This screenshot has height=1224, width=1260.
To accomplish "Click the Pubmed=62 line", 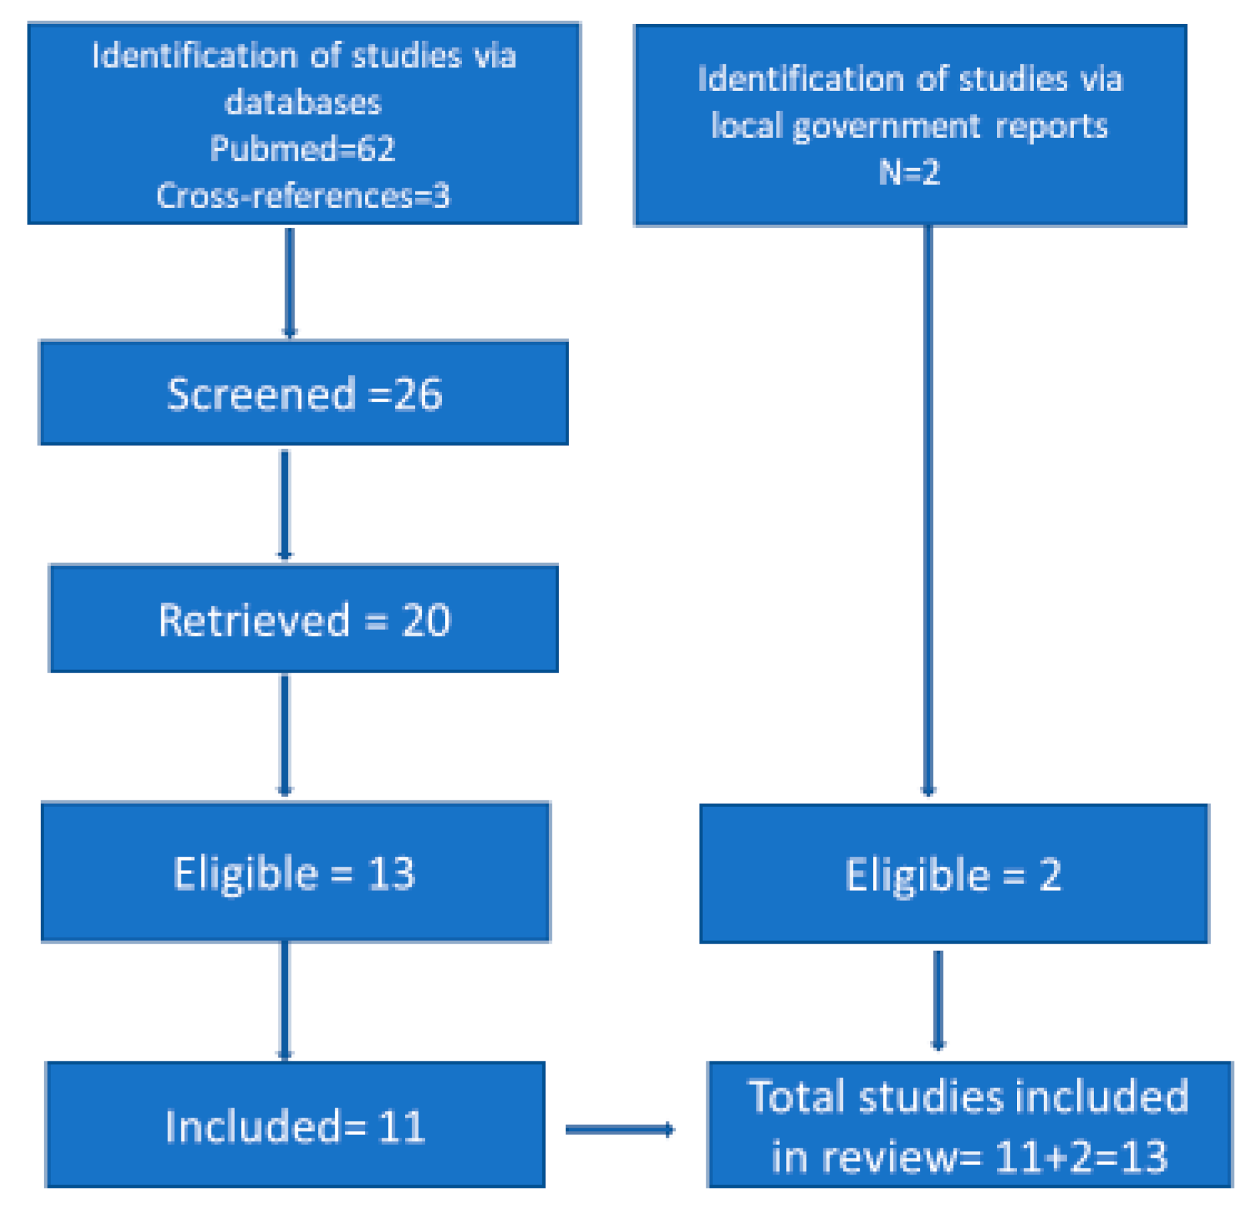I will [302, 149].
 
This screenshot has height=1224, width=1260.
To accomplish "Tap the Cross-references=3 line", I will [303, 196].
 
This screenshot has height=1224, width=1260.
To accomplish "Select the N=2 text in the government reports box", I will [909, 173].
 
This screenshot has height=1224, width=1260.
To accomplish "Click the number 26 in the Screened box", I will [417, 394].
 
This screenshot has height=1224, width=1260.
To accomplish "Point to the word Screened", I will [260, 394].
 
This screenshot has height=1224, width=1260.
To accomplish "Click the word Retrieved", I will [254, 620].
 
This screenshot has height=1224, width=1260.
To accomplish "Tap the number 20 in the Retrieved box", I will [426, 620].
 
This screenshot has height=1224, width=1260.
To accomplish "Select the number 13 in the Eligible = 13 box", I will [391, 873].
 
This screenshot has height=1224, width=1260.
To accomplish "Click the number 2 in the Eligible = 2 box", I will [1050, 875].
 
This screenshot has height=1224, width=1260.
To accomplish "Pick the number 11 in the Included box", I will [401, 1127].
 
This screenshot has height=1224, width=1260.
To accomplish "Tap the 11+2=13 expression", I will [1081, 1156].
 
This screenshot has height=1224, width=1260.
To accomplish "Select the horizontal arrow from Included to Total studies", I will [619, 1130].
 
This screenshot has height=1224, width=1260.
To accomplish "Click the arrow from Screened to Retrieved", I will [285, 505].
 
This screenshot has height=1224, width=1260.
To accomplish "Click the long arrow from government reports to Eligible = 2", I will [928, 509].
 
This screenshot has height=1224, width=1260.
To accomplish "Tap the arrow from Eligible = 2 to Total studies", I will [938, 1000].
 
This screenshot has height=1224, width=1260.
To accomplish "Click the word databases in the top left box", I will [303, 102].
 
